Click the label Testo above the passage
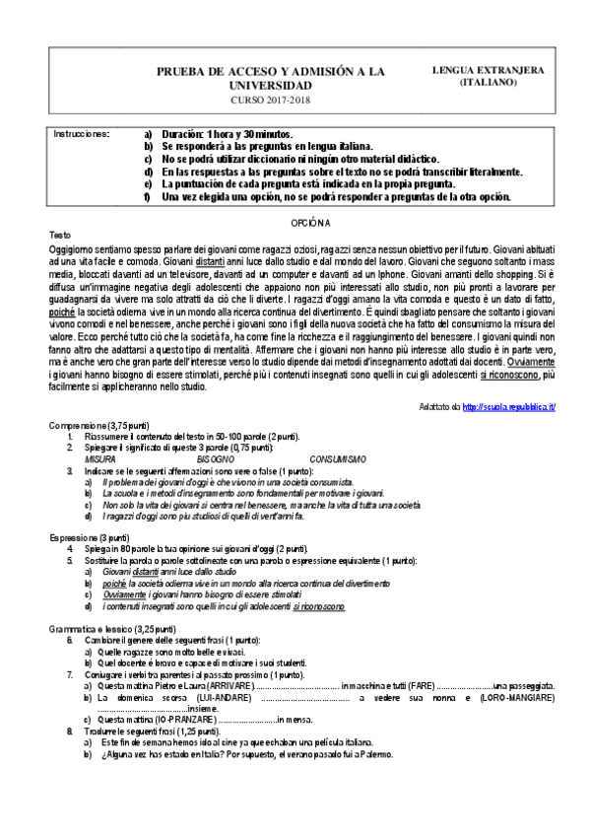[60, 236]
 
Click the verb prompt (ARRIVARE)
[226, 684]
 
